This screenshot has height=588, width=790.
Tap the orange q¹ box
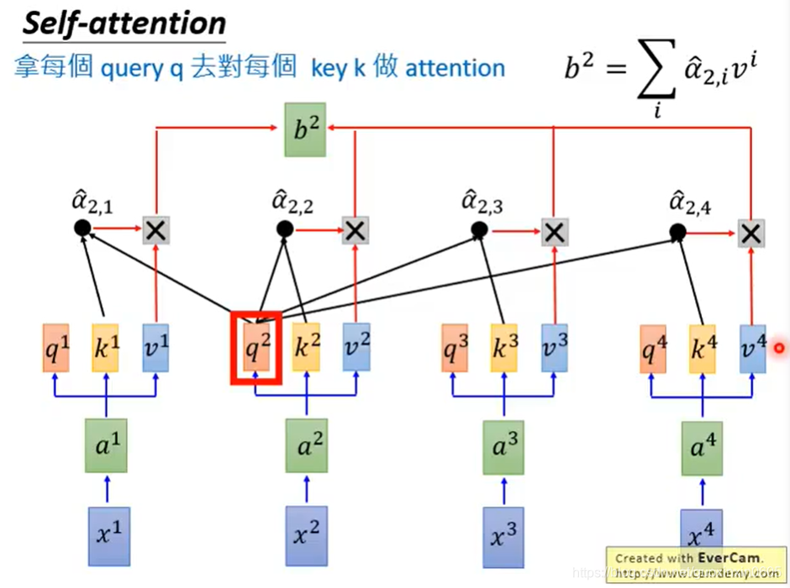click(56, 349)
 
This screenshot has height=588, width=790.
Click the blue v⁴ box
click(752, 348)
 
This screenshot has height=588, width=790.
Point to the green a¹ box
click(107, 442)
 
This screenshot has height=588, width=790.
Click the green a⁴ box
click(700, 445)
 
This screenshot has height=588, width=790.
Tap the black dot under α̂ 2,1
click(82, 228)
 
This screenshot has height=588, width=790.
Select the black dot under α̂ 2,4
click(677, 232)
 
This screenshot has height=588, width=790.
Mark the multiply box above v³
click(553, 231)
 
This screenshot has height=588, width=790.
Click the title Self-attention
click(124, 23)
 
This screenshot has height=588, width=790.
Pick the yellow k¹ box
click(106, 349)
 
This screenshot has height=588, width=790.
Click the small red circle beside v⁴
click(779, 348)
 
